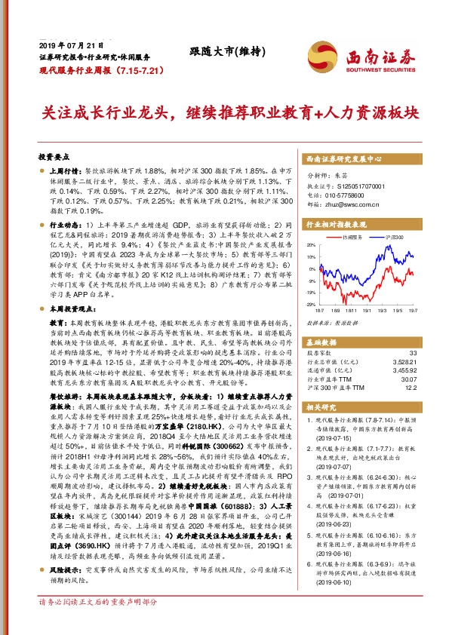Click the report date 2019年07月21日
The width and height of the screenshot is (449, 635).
(65, 46)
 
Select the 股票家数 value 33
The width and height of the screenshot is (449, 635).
(411, 353)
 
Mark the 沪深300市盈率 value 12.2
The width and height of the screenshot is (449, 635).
(410, 388)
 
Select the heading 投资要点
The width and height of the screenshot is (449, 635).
(54, 157)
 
